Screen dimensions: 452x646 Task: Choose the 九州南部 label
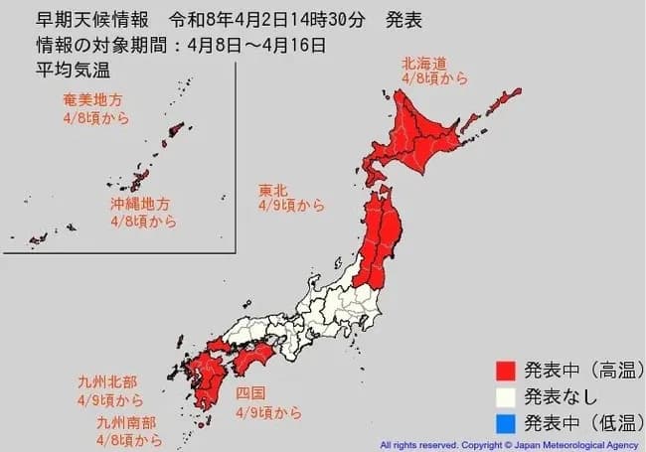[127, 422]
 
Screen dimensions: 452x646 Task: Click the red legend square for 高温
[507, 372]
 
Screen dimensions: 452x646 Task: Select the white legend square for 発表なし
[507, 396]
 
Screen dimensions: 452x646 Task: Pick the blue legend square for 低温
[507, 421]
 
